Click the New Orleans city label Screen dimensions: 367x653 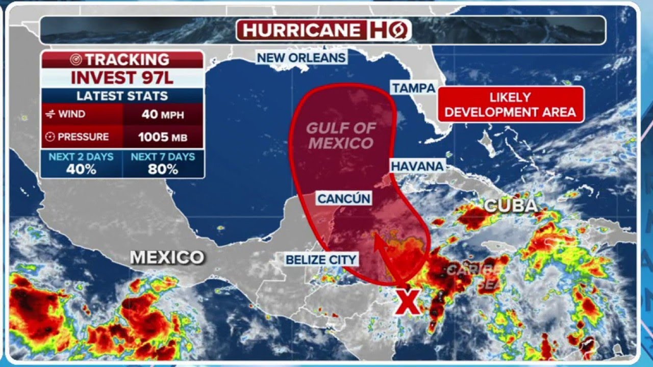(301, 58)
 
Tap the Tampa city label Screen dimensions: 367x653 (413, 88)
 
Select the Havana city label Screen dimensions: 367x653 (417, 166)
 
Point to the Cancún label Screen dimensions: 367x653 (343, 198)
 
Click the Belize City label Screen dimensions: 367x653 (321, 259)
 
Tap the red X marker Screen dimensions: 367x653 (408, 302)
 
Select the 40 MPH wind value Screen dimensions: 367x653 (163, 114)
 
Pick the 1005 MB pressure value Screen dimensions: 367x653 (163, 137)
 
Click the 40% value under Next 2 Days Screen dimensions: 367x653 (81, 170)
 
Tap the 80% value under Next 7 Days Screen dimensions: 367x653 (163, 170)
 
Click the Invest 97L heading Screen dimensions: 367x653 (122, 78)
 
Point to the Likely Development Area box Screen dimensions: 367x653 (510, 104)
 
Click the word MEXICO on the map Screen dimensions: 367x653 (167, 257)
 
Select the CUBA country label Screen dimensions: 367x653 (510, 205)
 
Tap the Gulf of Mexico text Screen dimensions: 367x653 (341, 136)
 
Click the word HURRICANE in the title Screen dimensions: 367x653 (302, 30)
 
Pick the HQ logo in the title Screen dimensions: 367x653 (388, 30)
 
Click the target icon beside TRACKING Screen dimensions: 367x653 (76, 60)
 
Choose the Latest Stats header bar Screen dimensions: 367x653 (122, 96)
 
